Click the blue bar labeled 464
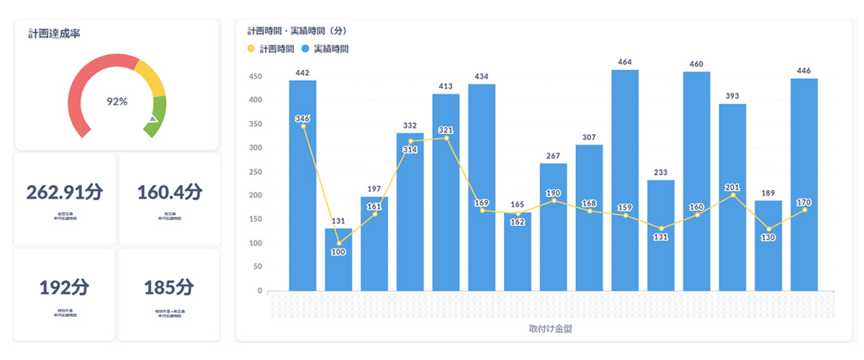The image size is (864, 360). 625,180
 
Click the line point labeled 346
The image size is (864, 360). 303,126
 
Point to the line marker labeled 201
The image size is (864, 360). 732,195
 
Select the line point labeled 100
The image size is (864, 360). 338,243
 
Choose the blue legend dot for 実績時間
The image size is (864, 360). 307,49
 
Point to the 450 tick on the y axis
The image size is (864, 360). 254,76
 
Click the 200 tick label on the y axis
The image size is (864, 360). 254,196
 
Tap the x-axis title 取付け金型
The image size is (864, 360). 550,329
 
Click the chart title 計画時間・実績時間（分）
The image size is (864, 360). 297,32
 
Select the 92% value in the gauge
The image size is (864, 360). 117,102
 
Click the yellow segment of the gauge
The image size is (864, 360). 150,76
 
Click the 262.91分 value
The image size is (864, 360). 65,192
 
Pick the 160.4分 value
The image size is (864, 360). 169,192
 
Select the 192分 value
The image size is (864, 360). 65,287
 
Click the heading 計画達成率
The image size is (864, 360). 53,34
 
